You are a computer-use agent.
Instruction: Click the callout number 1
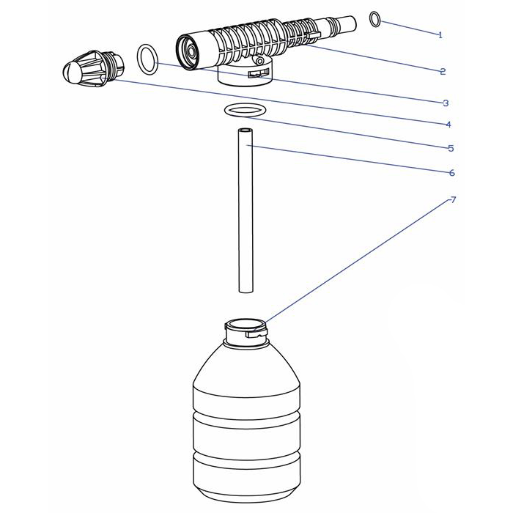coord(440,35)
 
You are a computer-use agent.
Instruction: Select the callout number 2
coord(443,71)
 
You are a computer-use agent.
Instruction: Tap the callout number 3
coord(446,103)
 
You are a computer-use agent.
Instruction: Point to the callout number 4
coord(449,125)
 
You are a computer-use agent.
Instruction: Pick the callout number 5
coord(451,148)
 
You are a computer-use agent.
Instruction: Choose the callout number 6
coord(452,172)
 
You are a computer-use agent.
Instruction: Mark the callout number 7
coord(453,199)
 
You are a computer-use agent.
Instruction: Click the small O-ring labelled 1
coord(375,19)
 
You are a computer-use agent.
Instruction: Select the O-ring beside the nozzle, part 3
coord(147,59)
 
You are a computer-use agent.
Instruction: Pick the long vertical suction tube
coord(246,210)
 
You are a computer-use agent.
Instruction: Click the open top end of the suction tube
coord(246,130)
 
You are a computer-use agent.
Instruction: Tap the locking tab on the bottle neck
coord(256,333)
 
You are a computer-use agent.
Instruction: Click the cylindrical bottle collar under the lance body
coord(245,75)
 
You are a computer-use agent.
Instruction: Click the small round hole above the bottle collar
coord(259,61)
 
